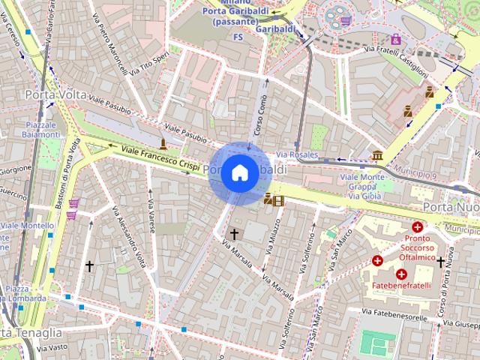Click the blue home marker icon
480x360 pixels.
(x=239, y=172)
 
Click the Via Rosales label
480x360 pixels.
(x=297, y=155)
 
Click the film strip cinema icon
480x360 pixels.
(x=279, y=200)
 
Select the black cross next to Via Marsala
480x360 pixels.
(x=234, y=235)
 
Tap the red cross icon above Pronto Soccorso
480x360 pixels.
(x=417, y=226)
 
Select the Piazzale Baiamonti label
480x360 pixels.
(x=42, y=129)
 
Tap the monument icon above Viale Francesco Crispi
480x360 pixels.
(x=163, y=143)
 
